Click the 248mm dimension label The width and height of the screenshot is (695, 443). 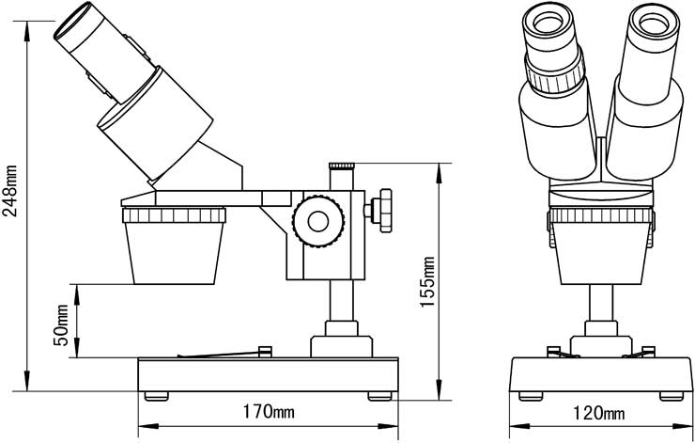click(10, 193)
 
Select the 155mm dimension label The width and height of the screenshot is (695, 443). click(428, 280)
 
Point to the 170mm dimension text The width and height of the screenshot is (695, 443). click(269, 412)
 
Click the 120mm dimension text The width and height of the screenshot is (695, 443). click(599, 413)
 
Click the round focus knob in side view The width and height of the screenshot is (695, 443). click(317, 220)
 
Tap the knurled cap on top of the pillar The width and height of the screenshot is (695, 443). click(341, 166)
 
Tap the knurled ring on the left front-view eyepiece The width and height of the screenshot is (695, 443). click(555, 74)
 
